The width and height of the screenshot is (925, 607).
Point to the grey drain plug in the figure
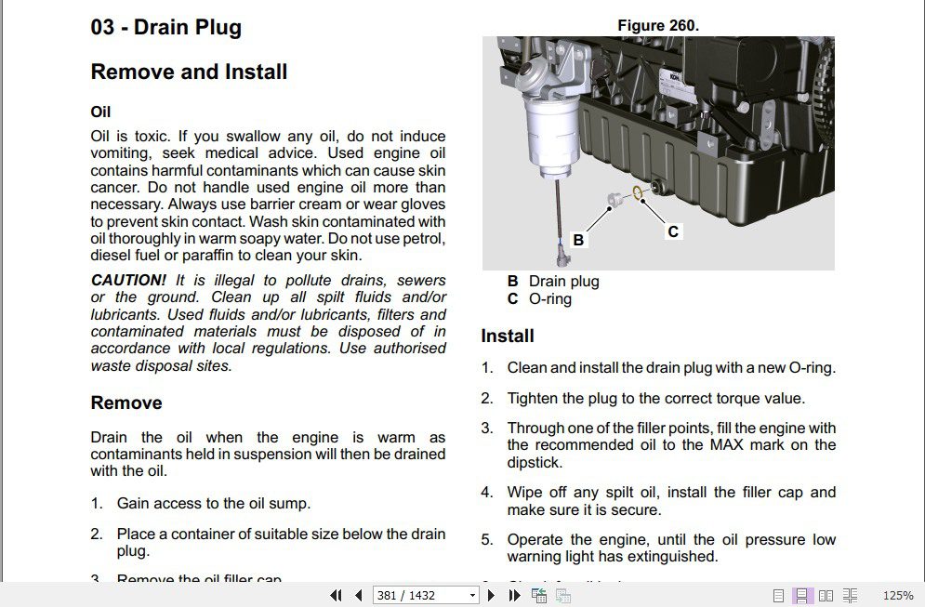[614, 200]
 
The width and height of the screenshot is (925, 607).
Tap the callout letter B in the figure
[578, 240]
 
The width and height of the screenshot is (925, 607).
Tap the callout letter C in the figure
[673, 231]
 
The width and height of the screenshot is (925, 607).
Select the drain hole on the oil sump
[658, 190]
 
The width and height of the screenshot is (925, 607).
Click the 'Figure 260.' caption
[658, 26]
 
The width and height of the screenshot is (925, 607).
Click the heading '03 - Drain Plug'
[165, 27]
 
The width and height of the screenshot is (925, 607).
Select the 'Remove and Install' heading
[189, 72]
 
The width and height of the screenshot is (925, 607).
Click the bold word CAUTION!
[128, 280]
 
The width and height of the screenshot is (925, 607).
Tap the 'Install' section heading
[507, 336]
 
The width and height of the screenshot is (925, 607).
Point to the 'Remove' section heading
[126, 402]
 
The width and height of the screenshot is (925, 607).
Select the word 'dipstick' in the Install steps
[535, 462]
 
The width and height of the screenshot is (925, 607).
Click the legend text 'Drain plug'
[563, 281]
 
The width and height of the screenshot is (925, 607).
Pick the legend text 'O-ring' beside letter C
[549, 298]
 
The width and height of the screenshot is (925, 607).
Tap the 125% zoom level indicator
[897, 595]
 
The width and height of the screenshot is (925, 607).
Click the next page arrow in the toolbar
[492, 595]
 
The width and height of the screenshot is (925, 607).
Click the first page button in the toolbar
[336, 595]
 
